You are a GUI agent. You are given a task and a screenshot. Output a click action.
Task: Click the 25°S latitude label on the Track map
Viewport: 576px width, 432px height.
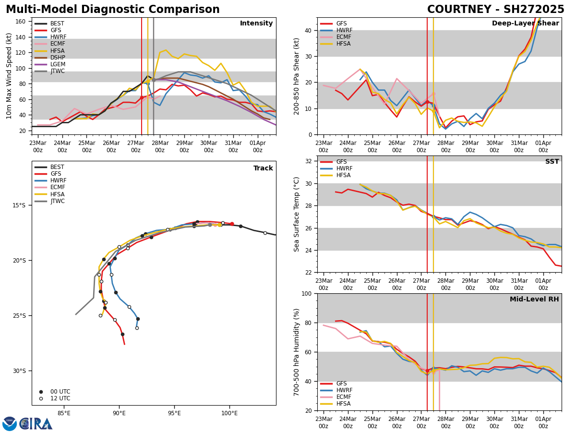pos(19,315)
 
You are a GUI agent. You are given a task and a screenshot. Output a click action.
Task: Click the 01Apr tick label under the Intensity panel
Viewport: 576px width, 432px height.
pos(258,146)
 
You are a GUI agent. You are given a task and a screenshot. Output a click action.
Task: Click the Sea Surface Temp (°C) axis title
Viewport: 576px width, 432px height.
pos(297,214)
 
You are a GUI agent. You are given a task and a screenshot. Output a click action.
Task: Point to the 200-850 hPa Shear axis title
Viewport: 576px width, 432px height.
pos(297,76)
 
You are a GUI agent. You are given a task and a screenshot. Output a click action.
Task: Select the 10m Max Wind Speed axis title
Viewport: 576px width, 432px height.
pos(10,76)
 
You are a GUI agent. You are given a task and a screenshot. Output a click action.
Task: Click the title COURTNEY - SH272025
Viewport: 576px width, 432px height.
pos(495,10)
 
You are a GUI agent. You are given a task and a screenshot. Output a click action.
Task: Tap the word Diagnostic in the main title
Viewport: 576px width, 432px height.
pos(124,10)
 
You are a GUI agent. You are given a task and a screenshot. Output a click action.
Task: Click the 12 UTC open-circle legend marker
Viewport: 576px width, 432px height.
pos(41,398)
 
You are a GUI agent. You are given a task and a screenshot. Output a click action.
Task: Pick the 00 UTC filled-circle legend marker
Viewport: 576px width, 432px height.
pos(41,392)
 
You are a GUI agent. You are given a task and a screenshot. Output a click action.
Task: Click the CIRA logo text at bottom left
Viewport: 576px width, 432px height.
pos(36,424)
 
